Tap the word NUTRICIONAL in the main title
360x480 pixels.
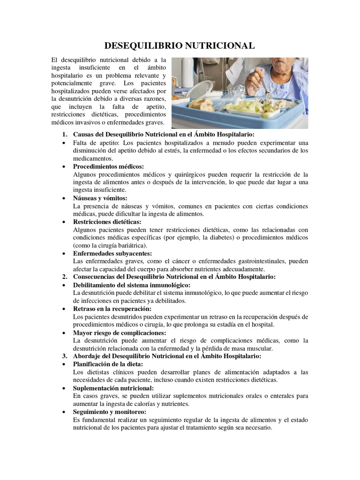(220, 45)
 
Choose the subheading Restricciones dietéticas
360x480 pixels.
(107, 222)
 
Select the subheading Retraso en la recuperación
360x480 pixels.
(112, 309)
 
